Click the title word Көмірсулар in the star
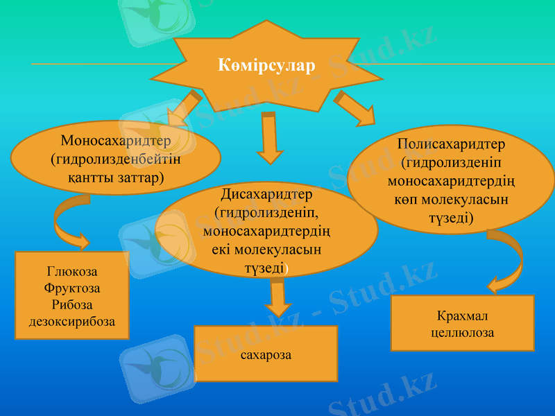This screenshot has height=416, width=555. (x=266, y=66)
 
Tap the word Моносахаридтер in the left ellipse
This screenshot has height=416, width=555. (x=115, y=141)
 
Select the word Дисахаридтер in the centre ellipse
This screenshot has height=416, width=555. (x=266, y=194)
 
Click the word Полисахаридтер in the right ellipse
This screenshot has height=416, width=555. (x=452, y=146)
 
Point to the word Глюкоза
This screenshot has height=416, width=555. (x=72, y=271)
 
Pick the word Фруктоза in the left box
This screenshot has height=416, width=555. (x=72, y=288)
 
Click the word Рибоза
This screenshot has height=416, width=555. (x=72, y=304)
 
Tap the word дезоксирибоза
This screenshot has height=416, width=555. (x=72, y=321)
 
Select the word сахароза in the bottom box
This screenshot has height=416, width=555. (x=266, y=355)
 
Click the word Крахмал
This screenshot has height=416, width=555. (x=462, y=317)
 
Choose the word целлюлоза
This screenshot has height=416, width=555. (x=462, y=333)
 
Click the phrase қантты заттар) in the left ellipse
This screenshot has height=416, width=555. (x=116, y=177)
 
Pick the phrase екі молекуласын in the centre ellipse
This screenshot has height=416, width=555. (x=266, y=250)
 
